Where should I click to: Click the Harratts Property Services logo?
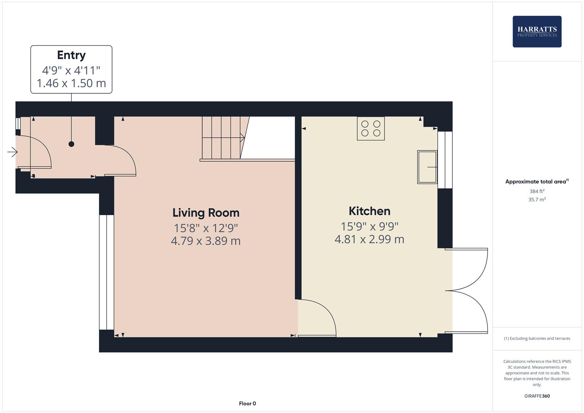point(537,32)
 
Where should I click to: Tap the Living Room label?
point(206,213)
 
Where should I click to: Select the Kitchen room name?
point(369,211)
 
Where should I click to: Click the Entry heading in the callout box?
point(71,55)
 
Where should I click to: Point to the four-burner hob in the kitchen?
point(371,128)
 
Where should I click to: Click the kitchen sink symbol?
point(427,167)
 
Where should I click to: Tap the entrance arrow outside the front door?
point(12,152)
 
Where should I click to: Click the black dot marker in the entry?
point(71,144)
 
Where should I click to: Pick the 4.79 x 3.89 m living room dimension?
point(206,241)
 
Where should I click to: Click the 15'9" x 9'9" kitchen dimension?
point(369,226)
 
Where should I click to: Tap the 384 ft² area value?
point(537,191)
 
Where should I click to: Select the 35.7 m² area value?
point(537,200)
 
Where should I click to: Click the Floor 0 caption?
point(247,403)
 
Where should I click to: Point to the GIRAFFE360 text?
point(537,396)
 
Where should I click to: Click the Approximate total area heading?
point(537,182)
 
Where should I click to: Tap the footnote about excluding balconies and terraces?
point(537,338)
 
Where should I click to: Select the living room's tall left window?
point(106,272)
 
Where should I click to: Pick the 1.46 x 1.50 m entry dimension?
point(71,83)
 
